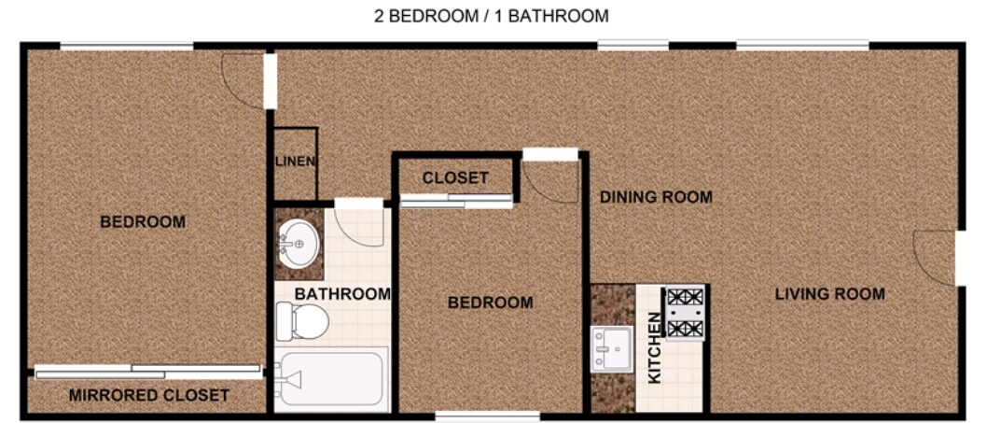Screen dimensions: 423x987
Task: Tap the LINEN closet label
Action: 295,161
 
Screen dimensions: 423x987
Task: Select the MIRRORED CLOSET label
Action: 149,395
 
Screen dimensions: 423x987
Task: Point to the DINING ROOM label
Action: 656,197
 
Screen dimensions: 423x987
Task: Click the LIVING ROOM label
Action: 829,294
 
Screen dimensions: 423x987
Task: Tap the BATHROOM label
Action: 342,294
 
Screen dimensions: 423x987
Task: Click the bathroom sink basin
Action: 299,245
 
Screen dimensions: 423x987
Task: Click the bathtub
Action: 331,379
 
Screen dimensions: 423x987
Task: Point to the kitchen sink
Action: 611,348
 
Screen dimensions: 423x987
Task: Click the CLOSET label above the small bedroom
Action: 455,177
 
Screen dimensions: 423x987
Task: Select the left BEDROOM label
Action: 143,221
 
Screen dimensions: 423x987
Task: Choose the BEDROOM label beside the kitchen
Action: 490,303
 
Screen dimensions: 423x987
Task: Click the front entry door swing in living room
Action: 935,257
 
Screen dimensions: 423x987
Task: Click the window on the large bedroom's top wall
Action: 127,45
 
